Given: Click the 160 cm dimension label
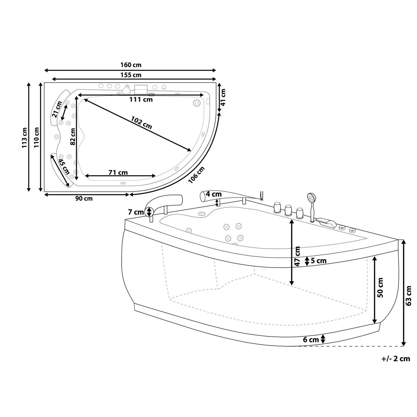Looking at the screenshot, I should (x=131, y=65).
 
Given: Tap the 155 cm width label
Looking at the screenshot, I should (x=131, y=75).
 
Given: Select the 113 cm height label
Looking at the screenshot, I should (x=25, y=137).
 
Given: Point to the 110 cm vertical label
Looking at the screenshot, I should (x=36, y=137).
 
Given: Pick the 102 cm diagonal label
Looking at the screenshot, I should (x=141, y=122).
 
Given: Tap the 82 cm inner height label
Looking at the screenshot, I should (x=72, y=136).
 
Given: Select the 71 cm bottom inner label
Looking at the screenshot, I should (x=118, y=172).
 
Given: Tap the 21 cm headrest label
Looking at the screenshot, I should (x=57, y=109).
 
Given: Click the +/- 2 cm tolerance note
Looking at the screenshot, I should (x=395, y=359).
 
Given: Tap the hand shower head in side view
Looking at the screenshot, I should (x=311, y=198).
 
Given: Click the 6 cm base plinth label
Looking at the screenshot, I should (x=311, y=340).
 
